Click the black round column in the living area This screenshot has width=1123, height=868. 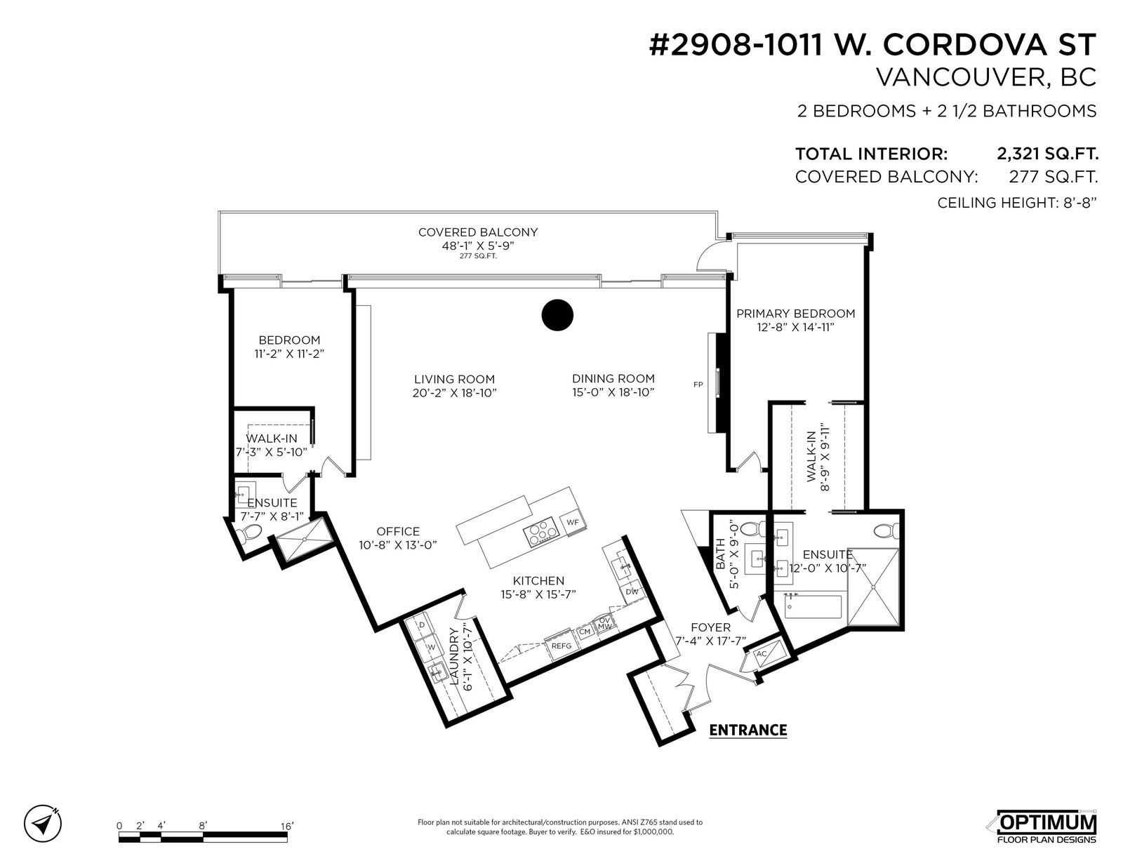pyautogui.click(x=557, y=314)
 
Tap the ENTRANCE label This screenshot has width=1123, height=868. pyautogui.click(x=747, y=730)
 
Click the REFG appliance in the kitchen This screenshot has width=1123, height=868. pyautogui.click(x=561, y=646)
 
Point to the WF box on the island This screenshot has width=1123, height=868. pyautogui.click(x=573, y=522)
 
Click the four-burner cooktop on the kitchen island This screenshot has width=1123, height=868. pyautogui.click(x=540, y=534)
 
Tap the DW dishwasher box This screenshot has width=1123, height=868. pyautogui.click(x=632, y=592)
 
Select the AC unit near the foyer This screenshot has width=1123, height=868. pyautogui.click(x=762, y=654)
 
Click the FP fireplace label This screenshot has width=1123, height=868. pyautogui.click(x=698, y=385)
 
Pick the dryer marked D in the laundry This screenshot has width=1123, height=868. pyautogui.click(x=422, y=625)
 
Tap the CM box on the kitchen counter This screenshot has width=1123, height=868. pyautogui.click(x=585, y=632)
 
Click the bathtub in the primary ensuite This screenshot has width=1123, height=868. pyautogui.click(x=813, y=607)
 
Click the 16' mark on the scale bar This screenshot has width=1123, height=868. pyautogui.click(x=287, y=826)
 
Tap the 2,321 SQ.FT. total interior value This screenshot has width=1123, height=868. pyautogui.click(x=1047, y=154)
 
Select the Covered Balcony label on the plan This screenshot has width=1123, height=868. pyautogui.click(x=477, y=232)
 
